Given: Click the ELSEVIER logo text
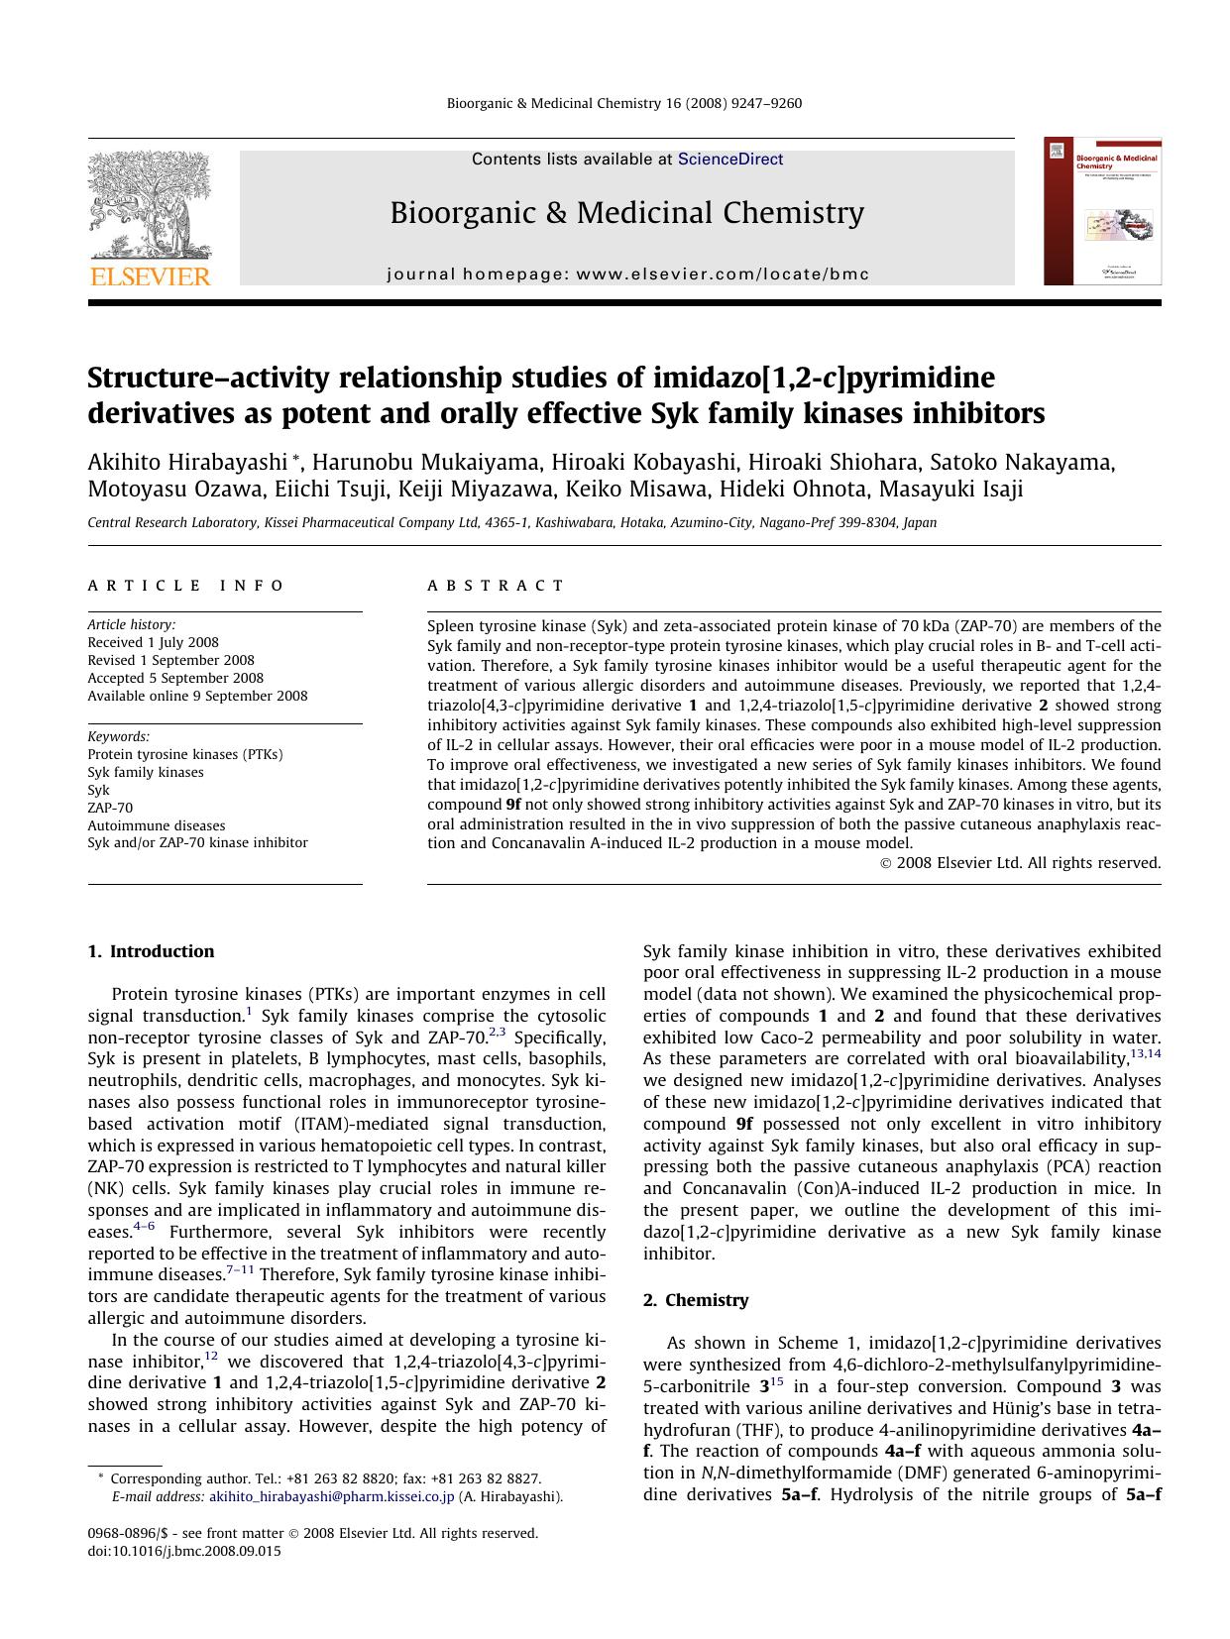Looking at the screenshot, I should [151, 276].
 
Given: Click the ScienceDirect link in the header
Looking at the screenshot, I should [729, 160].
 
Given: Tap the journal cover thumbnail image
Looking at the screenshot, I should [1102, 211].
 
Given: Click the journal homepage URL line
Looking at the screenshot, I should [627, 274].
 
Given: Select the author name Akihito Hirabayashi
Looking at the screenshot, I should [187, 463].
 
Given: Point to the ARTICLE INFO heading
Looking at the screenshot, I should [186, 586].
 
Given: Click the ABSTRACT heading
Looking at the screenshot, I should [496, 586].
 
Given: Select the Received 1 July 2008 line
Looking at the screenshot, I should [153, 642].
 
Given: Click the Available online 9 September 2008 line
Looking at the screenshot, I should [197, 696].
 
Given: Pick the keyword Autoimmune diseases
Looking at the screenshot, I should [156, 825].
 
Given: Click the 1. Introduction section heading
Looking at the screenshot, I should [151, 951].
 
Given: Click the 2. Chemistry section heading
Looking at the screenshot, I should [696, 1300].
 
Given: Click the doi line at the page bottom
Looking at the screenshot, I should [184, 1551].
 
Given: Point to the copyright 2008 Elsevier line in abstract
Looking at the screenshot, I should [1020, 863].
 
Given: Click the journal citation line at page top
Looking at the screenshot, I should [624, 103].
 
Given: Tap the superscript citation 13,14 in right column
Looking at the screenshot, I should [1145, 1053].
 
